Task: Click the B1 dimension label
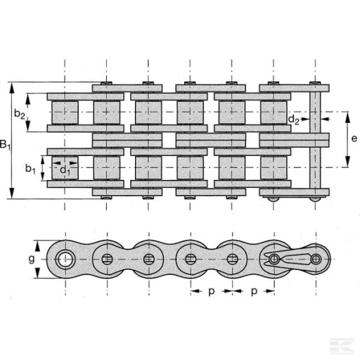tap(5, 145)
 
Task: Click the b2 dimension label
tap(20, 114)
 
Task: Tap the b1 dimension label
tap(30, 169)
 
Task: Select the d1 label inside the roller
tap(65, 170)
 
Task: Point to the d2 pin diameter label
tap(293, 120)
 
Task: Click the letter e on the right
tap(354, 139)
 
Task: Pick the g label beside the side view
tap(32, 259)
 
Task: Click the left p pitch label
tap(212, 292)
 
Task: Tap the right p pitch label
tap(254, 292)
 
